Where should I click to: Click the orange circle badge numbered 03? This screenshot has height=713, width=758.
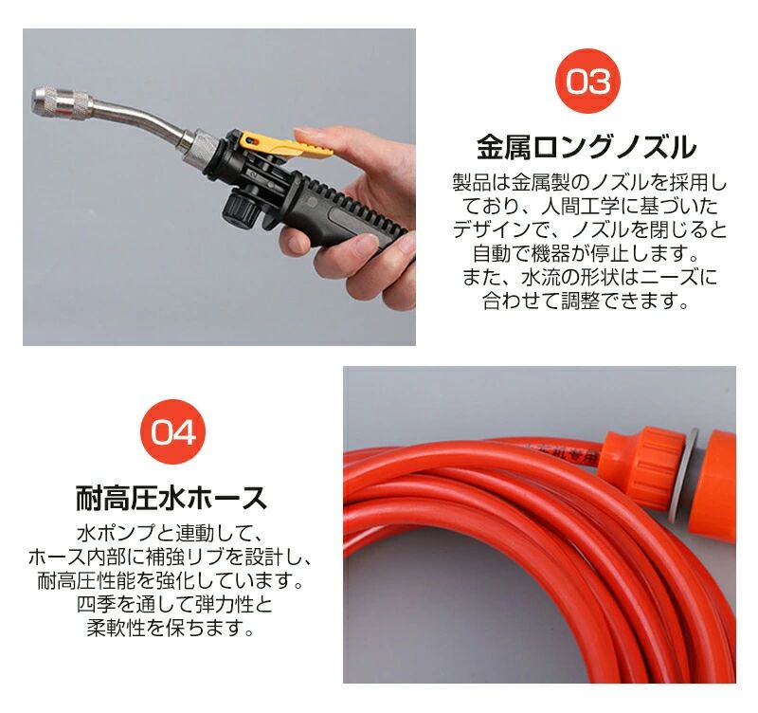[587, 81]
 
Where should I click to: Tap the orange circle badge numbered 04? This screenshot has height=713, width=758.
[172, 431]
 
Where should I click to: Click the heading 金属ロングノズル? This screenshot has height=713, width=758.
[587, 148]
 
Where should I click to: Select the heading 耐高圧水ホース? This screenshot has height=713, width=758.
[171, 498]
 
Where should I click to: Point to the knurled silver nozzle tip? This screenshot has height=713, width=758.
[62, 101]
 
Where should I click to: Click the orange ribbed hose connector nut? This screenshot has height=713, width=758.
[644, 466]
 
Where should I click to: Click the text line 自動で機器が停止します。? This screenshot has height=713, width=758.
[587, 253]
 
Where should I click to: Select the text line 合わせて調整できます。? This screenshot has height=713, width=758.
[586, 301]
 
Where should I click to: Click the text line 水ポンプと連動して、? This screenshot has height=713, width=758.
[171, 533]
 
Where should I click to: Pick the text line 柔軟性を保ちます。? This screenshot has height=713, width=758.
[171, 628]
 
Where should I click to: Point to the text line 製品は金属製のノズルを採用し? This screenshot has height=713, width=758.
[589, 182]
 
